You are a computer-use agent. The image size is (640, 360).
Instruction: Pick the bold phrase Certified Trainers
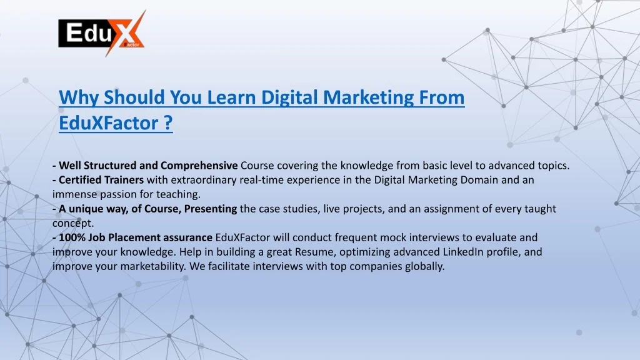point(101,180)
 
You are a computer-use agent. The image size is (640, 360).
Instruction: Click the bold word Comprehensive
point(199,166)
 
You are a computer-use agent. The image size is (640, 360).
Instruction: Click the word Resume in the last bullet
point(316,252)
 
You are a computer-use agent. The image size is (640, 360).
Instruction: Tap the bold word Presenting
point(210,209)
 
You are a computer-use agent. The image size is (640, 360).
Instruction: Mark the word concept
point(73,224)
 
